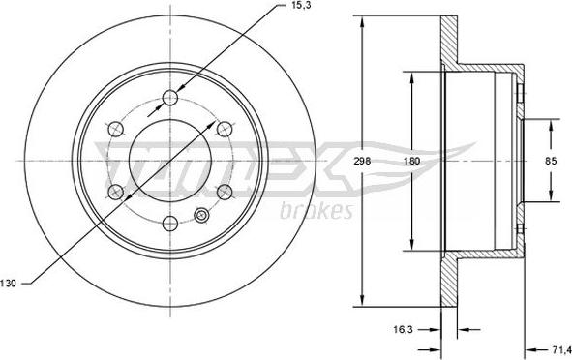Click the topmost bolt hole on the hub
tap(170, 96)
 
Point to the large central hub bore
tap(170, 159)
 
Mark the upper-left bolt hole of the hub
tap(116, 127)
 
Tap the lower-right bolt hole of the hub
tap(225, 190)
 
